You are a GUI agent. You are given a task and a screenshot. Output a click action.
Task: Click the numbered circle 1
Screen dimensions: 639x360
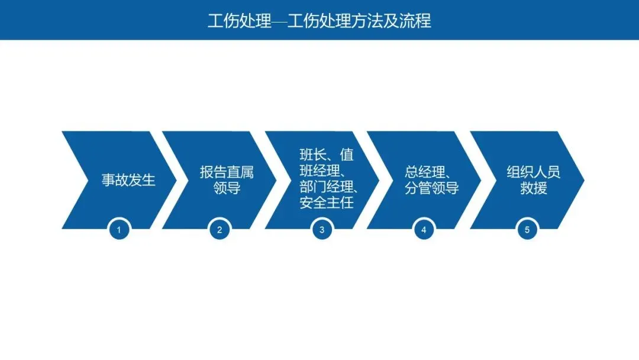click(119, 230)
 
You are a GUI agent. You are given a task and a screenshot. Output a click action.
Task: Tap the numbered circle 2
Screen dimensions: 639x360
click(220, 230)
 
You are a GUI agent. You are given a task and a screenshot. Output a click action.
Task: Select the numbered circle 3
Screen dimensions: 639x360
click(322, 230)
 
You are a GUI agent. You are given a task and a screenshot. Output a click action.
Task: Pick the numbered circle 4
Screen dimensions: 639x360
click(424, 230)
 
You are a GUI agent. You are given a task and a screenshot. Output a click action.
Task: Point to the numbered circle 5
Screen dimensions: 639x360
click(527, 230)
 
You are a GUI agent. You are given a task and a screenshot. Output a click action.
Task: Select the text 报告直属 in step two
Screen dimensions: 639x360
click(227, 173)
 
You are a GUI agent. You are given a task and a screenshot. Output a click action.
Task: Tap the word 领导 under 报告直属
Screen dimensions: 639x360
click(227, 189)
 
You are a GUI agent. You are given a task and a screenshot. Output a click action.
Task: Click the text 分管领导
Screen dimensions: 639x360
click(432, 189)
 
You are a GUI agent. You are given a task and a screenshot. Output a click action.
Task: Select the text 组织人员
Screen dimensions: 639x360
click(534, 173)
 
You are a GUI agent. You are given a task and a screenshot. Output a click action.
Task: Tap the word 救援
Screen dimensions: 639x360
click(534, 189)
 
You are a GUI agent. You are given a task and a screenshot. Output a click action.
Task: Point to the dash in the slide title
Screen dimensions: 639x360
click(279, 22)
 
